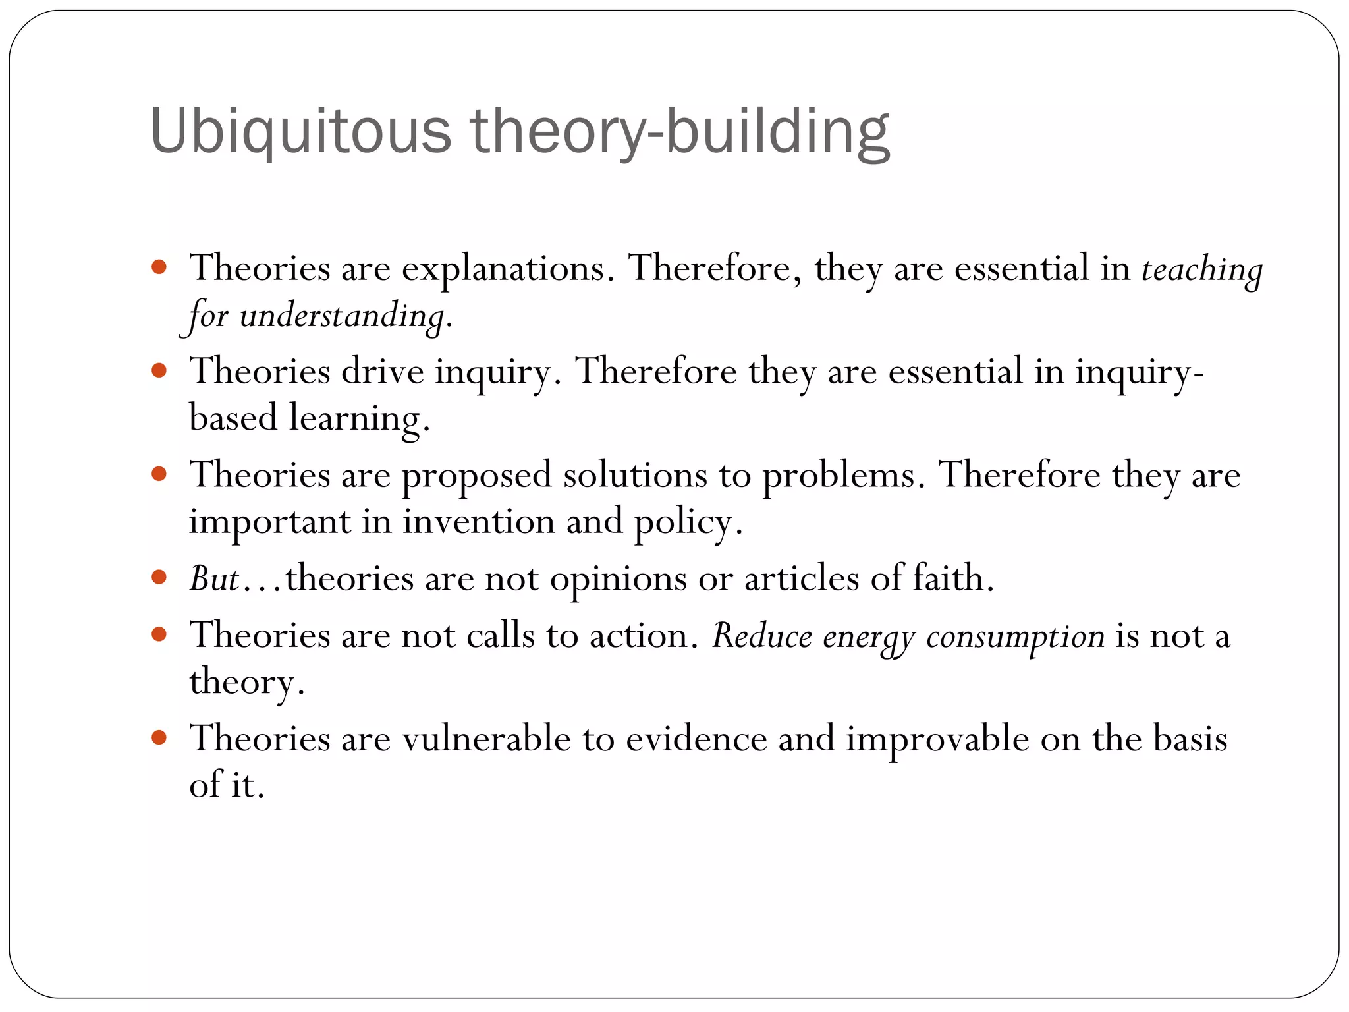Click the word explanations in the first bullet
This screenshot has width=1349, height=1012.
pyautogui.click(x=503, y=269)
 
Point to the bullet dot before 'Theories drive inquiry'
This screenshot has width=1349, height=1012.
pyautogui.click(x=159, y=370)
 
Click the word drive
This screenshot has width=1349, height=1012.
pyautogui.click(x=382, y=372)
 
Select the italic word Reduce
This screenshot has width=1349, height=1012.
pyautogui.click(x=761, y=636)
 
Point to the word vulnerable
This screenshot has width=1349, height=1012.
pyautogui.click(x=486, y=739)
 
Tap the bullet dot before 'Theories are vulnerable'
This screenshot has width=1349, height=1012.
pyautogui.click(x=159, y=737)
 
